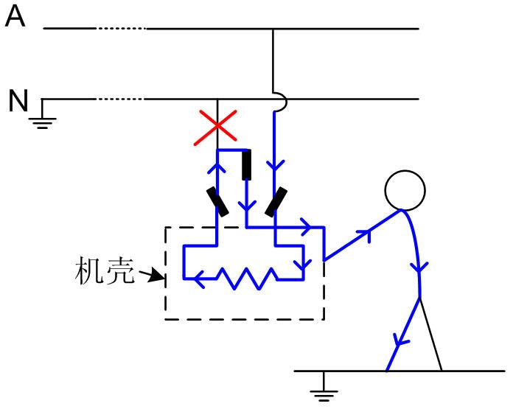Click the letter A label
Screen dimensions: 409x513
15,15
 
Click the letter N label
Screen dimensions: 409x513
18,101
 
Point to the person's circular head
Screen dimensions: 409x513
405,190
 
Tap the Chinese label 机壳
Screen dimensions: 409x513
105,272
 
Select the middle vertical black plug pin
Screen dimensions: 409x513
247,164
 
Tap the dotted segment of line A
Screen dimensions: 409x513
121,29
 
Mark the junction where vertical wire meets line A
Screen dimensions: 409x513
273,29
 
